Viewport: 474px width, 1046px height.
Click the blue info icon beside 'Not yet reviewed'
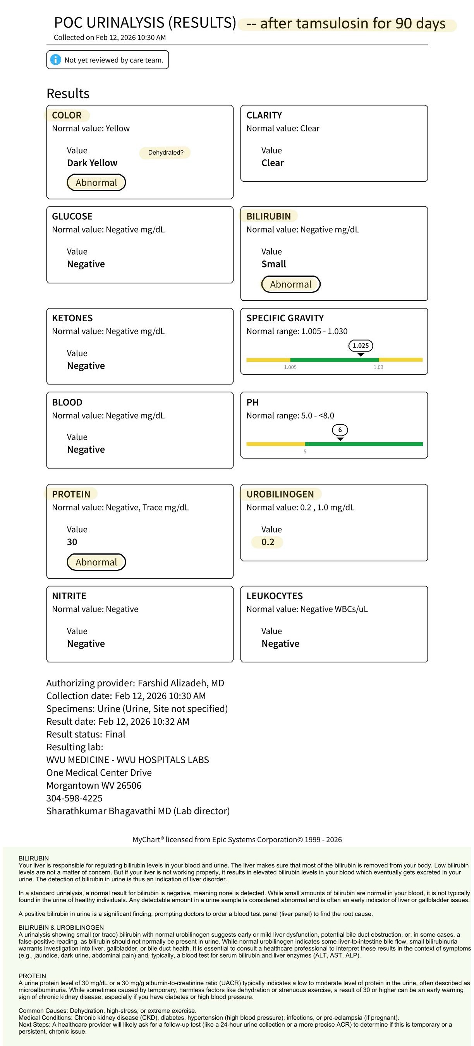(x=56, y=60)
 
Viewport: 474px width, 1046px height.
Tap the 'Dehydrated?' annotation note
(x=165, y=153)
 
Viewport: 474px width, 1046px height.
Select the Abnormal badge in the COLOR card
(x=96, y=182)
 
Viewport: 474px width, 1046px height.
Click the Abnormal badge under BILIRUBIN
(x=290, y=284)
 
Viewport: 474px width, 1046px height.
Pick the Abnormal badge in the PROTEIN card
(x=96, y=562)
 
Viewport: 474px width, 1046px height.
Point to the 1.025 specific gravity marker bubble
(x=361, y=346)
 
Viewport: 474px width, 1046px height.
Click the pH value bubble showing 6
(x=340, y=430)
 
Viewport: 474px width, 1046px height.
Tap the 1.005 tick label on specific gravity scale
(x=290, y=367)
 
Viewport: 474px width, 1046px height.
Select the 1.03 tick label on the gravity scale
(x=378, y=367)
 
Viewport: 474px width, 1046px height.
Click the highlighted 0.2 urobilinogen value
(x=268, y=542)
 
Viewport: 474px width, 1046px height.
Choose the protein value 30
(x=72, y=542)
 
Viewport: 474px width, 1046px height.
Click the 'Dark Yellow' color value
(x=92, y=163)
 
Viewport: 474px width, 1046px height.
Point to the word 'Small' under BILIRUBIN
(x=273, y=264)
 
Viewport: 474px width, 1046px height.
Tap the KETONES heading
(x=72, y=318)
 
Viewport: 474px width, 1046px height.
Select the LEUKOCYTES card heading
(x=274, y=596)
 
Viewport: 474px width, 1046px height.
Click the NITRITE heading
(x=69, y=596)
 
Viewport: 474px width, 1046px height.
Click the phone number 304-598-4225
(x=74, y=798)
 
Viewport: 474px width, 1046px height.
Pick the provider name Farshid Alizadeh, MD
(x=180, y=683)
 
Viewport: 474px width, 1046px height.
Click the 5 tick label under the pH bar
(x=305, y=451)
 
